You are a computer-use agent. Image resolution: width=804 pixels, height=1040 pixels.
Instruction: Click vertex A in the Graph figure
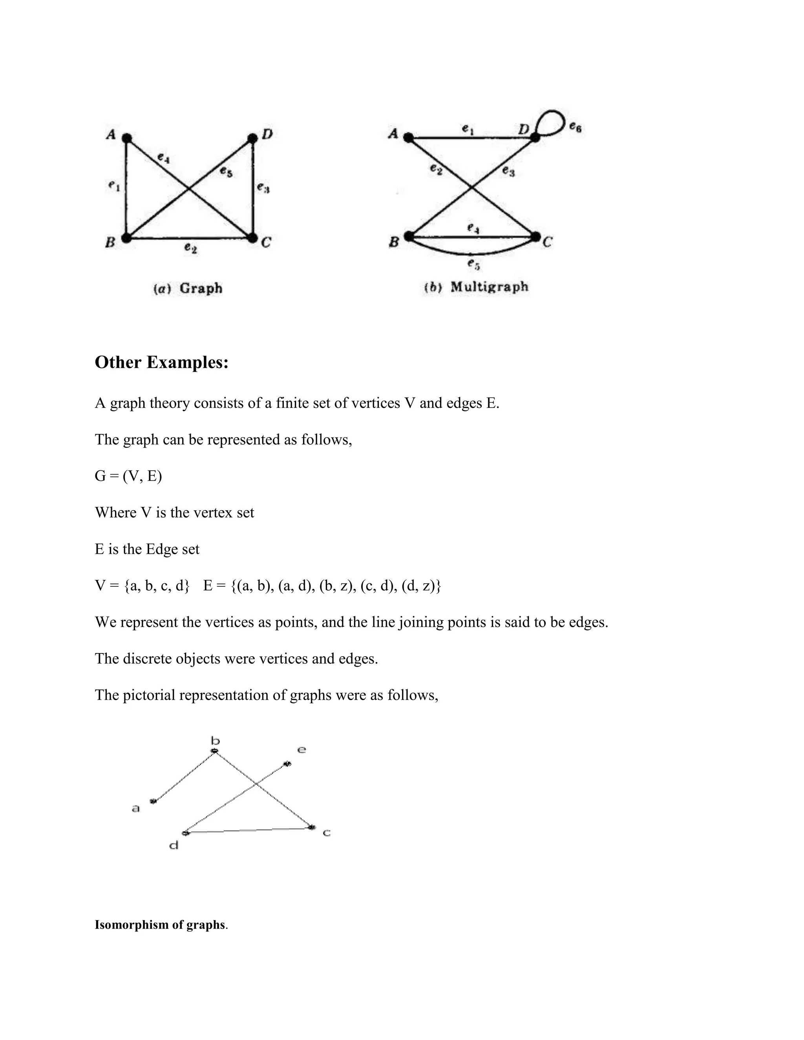tap(126, 138)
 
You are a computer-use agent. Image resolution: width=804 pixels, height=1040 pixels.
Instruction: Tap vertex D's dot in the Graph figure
tap(252, 139)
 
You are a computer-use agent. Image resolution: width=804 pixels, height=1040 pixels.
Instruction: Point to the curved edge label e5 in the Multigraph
tap(473, 263)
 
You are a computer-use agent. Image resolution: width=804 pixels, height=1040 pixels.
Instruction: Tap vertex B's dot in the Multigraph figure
tap(409, 236)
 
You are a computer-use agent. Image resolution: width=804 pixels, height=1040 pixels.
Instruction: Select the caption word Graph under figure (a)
tap(201, 288)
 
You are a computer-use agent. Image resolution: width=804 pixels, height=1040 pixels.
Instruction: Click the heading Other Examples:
tap(161, 362)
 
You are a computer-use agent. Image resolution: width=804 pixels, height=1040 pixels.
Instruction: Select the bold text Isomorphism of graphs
tap(160, 924)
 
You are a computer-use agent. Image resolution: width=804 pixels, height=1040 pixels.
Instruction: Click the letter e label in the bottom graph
tap(301, 750)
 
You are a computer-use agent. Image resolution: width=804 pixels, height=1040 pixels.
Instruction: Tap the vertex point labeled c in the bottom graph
tap(312, 828)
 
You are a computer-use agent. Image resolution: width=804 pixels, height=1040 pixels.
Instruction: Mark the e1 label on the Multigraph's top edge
tap(467, 129)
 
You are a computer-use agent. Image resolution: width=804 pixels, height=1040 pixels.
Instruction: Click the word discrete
tap(148, 659)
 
